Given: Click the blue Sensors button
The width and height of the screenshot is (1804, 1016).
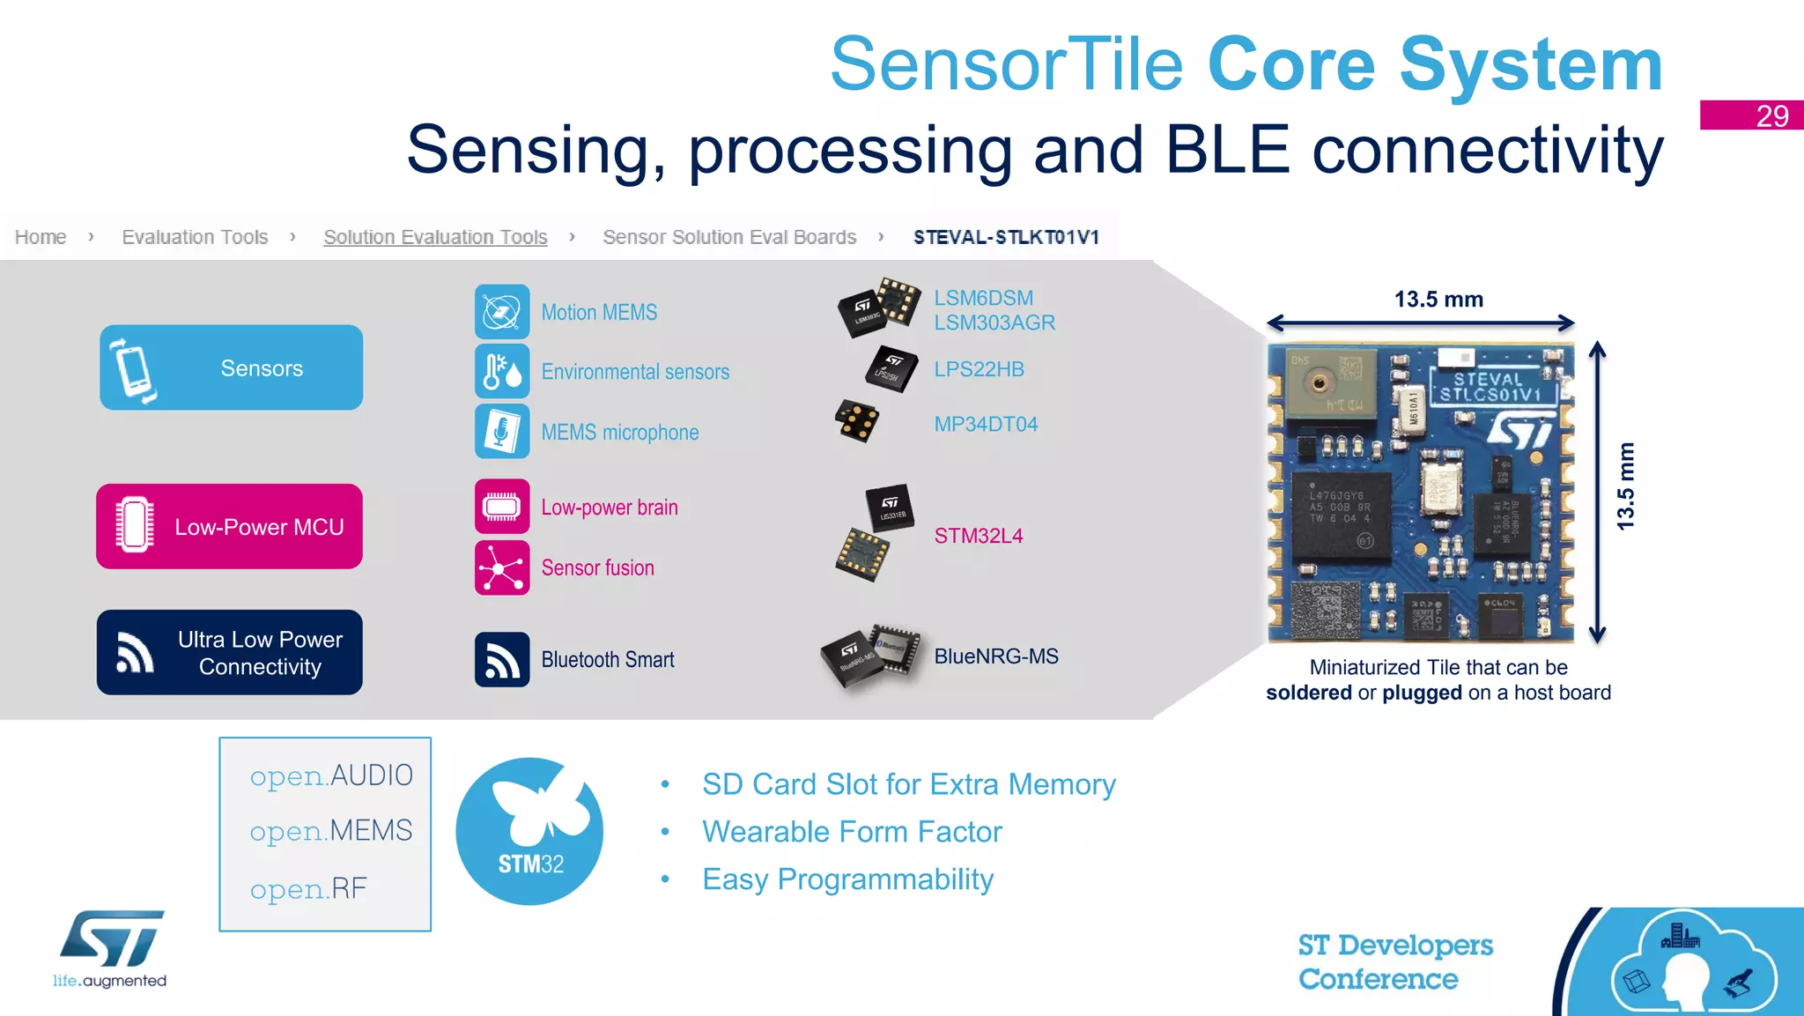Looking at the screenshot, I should tap(231, 367).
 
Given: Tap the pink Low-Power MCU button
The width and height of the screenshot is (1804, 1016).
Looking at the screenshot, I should tap(229, 526).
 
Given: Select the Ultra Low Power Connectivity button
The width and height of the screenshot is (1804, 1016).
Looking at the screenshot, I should tap(229, 652).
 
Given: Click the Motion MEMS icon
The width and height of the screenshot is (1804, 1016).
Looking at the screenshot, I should tap(502, 312).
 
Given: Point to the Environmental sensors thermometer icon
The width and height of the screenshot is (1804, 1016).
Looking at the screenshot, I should tap(502, 371).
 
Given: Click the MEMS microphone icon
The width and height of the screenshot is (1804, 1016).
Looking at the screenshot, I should tap(502, 431).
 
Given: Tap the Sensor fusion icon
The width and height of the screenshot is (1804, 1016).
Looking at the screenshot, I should tap(502, 567).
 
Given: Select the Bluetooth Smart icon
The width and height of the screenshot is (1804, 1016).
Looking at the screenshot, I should tap(502, 659).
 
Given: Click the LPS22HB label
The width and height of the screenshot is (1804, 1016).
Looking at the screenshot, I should tap(979, 369).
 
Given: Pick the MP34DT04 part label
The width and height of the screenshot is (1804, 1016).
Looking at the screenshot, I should tap(986, 424).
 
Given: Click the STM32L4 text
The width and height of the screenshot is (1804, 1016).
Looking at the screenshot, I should tap(978, 536).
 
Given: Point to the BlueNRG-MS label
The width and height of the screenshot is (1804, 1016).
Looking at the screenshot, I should tap(995, 656).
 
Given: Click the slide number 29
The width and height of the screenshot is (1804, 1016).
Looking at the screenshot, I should tap(1771, 115).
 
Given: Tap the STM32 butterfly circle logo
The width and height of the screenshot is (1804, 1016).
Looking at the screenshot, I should tap(529, 831).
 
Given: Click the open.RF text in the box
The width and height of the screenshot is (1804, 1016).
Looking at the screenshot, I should tap(308, 888).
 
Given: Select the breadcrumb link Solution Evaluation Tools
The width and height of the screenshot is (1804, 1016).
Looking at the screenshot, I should tap(435, 237).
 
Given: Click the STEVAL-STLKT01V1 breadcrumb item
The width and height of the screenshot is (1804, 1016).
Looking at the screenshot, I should tap(1006, 237).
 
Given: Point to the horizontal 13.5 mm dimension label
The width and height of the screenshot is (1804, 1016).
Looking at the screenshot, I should tap(1438, 300).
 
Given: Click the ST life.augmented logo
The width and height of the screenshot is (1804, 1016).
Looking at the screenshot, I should tap(110, 949).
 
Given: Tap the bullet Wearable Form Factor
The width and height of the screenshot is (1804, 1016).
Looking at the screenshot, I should tap(852, 832).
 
